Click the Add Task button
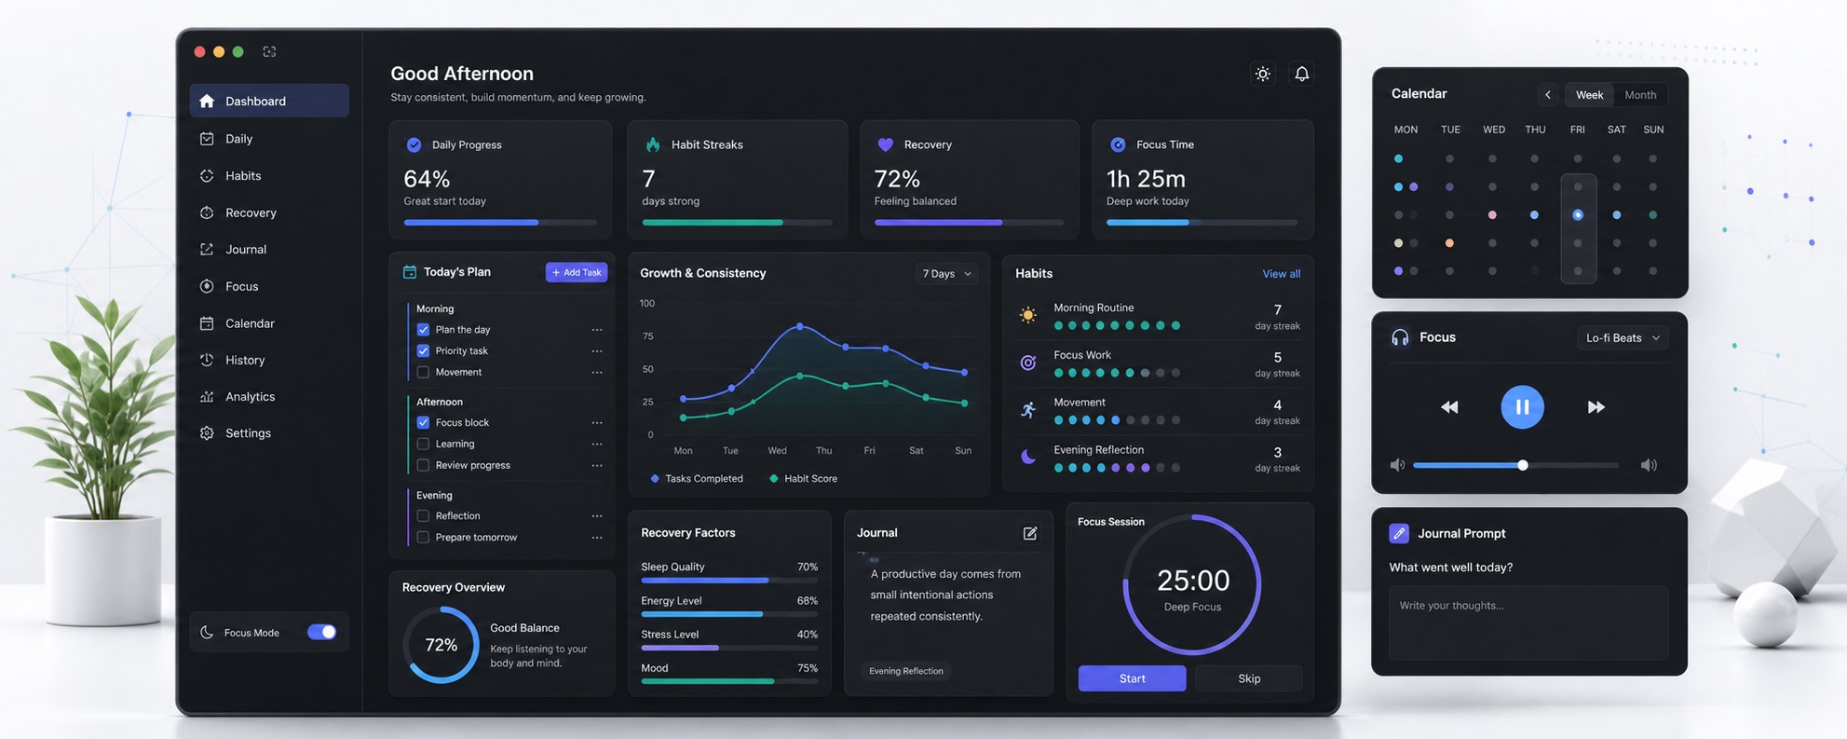pos(577,272)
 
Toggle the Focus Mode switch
pos(322,632)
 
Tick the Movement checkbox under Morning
pos(423,372)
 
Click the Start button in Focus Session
pos(1132,678)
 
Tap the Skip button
pos(1249,678)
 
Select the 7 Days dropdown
pos(946,273)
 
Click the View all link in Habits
pos(1282,273)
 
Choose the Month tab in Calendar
pos(1640,95)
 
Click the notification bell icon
pos(1302,74)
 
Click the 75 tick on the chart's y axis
pos(648,336)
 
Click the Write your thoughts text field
pos(1528,623)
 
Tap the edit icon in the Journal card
pos(1030,533)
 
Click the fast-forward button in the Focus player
pos(1596,406)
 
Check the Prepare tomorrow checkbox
pos(423,537)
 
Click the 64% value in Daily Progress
pos(427,178)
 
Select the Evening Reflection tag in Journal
pos(906,671)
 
